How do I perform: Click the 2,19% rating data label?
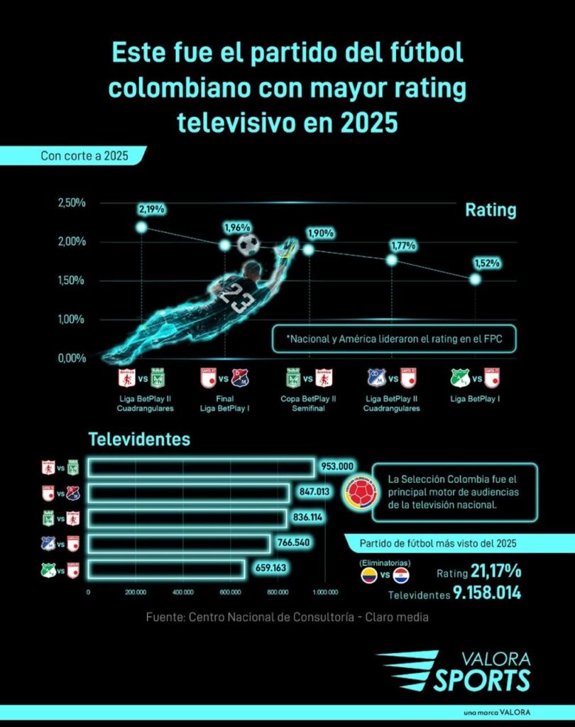pyautogui.click(x=153, y=209)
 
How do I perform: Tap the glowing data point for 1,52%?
pyautogui.click(x=475, y=280)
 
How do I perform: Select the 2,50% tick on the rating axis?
pyautogui.click(x=71, y=203)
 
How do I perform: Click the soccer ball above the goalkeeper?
pyautogui.click(x=248, y=245)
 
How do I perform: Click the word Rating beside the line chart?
pyautogui.click(x=491, y=211)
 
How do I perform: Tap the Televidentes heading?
pyautogui.click(x=139, y=439)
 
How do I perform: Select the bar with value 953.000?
pyautogui.click(x=201, y=468)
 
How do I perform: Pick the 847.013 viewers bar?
pyautogui.click(x=188, y=493)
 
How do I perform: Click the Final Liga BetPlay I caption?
pyautogui.click(x=225, y=403)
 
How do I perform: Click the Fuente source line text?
pyautogui.click(x=287, y=617)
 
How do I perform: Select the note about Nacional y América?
pyautogui.click(x=394, y=339)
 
